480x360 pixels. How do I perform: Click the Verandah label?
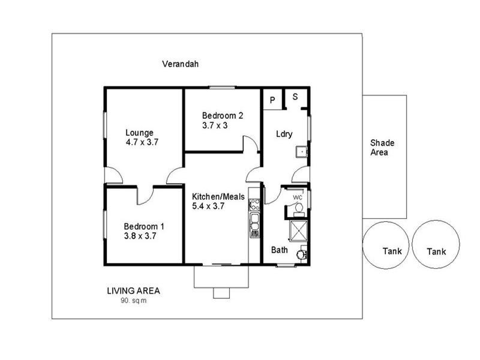coord(180,64)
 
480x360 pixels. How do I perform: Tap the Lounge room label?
coord(139,133)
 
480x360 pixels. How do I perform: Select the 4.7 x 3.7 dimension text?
coord(142,143)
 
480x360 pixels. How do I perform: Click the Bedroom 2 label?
coord(222,116)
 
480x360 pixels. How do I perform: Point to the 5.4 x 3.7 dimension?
coord(208,206)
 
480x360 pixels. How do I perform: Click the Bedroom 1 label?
coord(144,226)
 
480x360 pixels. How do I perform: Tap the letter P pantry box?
coord(272,100)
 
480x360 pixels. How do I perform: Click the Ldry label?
coord(284,134)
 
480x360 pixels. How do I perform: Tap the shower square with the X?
coord(298,231)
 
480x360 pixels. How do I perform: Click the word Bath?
coord(280,250)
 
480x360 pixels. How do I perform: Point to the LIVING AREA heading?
coord(133,291)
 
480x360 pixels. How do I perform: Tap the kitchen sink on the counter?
coord(254,220)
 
